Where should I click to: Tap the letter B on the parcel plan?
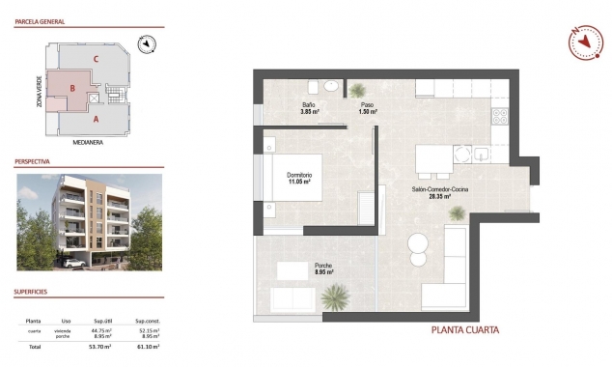point(73,88)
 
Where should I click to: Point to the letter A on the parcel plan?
point(96,121)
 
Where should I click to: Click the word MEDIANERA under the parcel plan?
point(88,141)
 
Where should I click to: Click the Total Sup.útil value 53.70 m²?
point(100,346)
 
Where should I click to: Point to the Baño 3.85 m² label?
point(309,108)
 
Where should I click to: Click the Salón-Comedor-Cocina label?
point(439,191)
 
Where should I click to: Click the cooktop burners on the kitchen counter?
point(500,119)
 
